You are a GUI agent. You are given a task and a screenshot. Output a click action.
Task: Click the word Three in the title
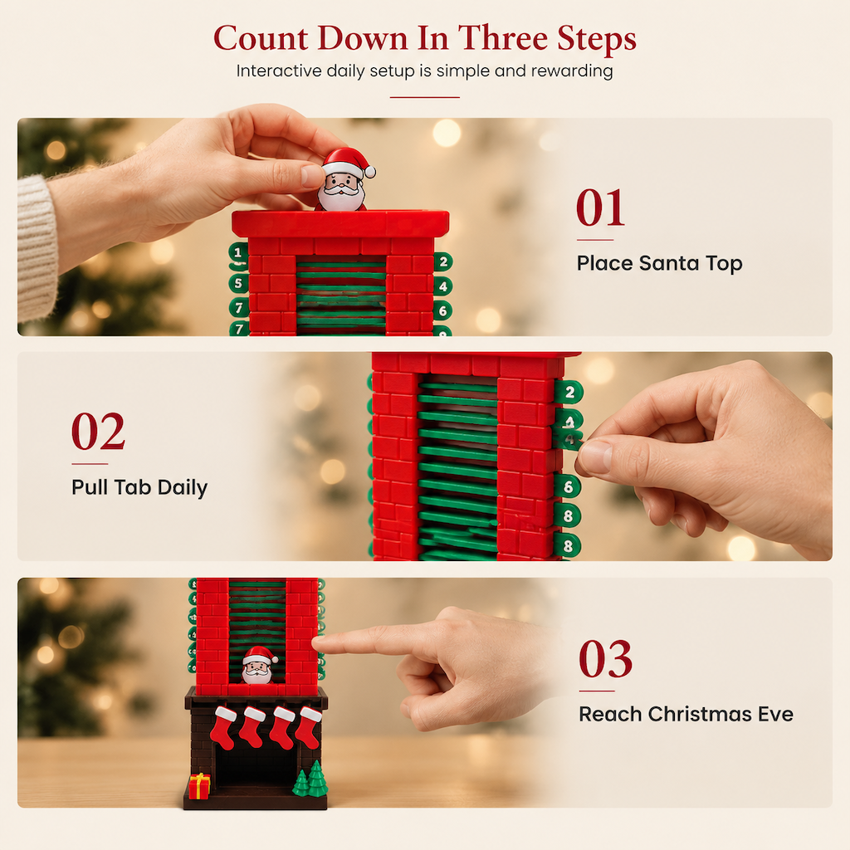tap(503, 38)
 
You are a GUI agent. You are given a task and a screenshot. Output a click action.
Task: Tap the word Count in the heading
tap(261, 38)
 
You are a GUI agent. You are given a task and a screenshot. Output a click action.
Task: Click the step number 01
tap(600, 208)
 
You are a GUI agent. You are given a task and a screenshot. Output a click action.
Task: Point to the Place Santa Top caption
tap(659, 263)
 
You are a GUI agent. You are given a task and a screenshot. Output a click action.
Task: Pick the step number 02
tap(98, 432)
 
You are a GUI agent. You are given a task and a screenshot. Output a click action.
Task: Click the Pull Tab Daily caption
tap(139, 487)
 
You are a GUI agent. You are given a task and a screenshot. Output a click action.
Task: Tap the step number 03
tap(605, 658)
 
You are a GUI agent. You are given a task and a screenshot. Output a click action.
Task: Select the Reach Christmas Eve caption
tap(686, 714)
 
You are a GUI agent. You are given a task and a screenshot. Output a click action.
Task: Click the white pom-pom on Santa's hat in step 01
tap(369, 173)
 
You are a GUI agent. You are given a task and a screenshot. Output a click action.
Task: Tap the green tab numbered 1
tap(238, 252)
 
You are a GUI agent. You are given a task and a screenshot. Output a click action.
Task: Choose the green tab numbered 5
tap(238, 283)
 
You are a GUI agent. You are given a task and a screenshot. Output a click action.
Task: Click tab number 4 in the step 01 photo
tap(443, 286)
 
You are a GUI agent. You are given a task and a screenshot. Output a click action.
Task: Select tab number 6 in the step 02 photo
tap(568, 486)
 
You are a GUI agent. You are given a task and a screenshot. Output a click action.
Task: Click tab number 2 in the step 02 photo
tap(569, 393)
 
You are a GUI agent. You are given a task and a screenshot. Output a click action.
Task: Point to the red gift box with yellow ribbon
tap(199, 786)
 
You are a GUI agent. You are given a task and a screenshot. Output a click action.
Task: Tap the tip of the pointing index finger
tap(316, 642)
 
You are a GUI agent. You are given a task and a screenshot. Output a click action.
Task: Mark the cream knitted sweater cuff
tap(37, 249)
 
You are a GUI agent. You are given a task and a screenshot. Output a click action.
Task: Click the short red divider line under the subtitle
tap(425, 98)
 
